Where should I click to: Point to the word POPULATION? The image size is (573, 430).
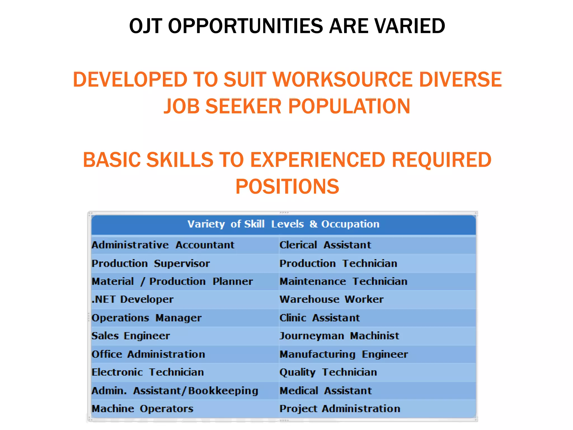coord(349,106)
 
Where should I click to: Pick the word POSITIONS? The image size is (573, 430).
coord(287,186)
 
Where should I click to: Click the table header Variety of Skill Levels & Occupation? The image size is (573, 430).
coord(283,224)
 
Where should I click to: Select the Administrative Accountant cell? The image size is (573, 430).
coord(163,245)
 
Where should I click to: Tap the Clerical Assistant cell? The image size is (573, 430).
coord(325,245)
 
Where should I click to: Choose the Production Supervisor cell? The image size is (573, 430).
coord(151,264)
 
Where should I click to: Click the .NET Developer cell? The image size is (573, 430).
coord(133,300)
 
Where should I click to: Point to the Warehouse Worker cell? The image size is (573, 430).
coord(332,300)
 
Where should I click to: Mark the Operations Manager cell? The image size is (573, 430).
coord(147,318)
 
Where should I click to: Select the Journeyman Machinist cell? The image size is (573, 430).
coord(339,336)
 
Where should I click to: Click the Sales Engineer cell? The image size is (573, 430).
coord(131,336)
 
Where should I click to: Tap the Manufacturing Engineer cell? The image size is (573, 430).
coord(344,354)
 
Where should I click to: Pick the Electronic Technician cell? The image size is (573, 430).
coord(148,372)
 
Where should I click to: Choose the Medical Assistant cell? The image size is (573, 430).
coord(326,391)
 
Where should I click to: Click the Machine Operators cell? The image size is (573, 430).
coord(142,409)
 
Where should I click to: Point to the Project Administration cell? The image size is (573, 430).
coord(340,409)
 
